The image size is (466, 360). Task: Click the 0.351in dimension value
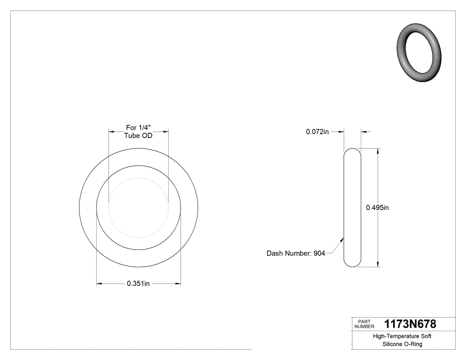[x=138, y=284]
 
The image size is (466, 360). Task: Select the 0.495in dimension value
[x=377, y=208]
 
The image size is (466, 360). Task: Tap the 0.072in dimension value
[x=317, y=131]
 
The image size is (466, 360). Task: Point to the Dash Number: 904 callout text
[x=296, y=253]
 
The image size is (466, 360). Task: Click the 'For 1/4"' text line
[x=138, y=127]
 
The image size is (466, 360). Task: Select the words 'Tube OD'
[x=138, y=136]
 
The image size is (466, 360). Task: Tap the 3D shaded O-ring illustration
[x=419, y=52]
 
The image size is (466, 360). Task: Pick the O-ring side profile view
[x=352, y=208]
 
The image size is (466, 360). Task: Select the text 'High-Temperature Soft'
[x=402, y=336]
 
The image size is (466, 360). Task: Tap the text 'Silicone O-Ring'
[x=402, y=344]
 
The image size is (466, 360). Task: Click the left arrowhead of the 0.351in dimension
[x=99, y=284]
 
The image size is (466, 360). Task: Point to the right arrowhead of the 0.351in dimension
[x=178, y=284]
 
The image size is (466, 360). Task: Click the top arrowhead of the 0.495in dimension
[x=378, y=151]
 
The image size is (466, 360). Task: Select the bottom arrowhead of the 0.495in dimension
[x=378, y=265]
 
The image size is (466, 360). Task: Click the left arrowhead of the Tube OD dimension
[x=111, y=131]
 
